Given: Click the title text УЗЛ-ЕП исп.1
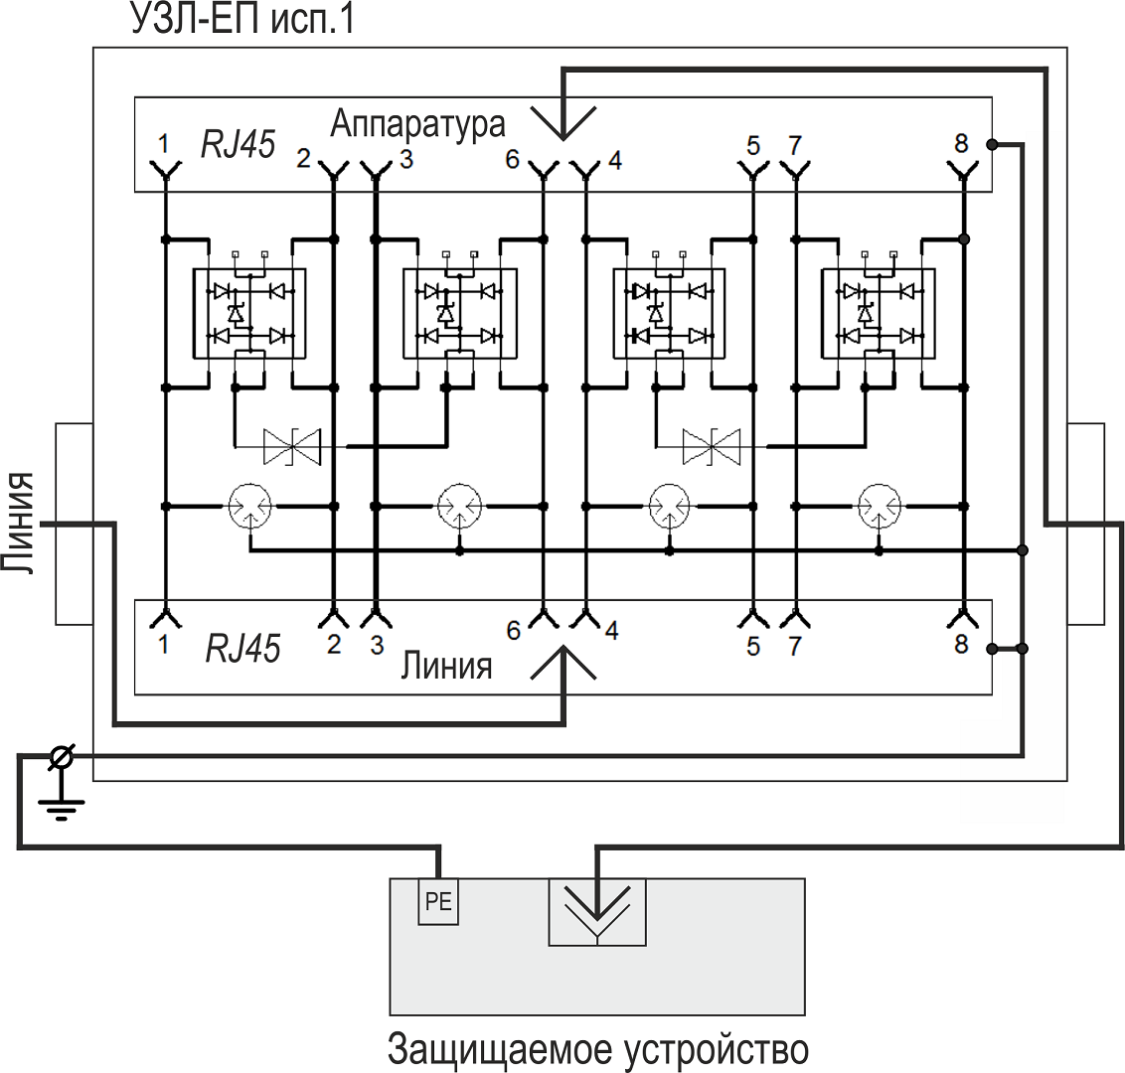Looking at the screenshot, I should (241, 20).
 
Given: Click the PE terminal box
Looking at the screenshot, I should (437, 902).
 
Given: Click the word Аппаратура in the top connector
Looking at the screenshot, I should (417, 124).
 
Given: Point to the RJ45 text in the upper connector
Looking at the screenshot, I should (238, 145).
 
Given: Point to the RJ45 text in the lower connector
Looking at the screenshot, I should (242, 648).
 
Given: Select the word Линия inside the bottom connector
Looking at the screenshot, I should (446, 665).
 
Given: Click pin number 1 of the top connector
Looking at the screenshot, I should (163, 143).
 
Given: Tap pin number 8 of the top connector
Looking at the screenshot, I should (960, 143).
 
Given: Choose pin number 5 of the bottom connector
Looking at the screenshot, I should (753, 647).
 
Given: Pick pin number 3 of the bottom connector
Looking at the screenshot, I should (376, 646).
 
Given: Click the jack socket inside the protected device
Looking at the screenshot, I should (596, 911).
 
